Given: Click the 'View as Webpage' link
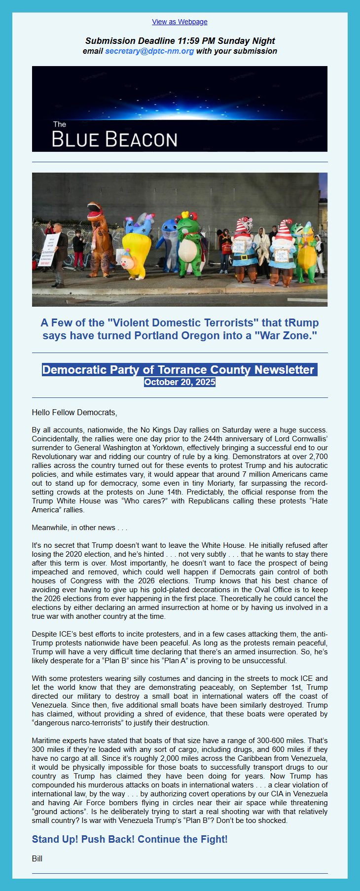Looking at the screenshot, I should [180, 22].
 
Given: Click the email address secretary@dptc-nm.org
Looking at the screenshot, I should [149, 51].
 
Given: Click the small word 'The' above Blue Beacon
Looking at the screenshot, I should [59, 124].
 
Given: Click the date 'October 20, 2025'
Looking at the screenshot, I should [180, 382].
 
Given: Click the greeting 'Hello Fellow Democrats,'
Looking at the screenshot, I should [74, 412].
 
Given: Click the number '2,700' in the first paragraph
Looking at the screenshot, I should [318, 457].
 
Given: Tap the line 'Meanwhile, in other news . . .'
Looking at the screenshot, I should [79, 528].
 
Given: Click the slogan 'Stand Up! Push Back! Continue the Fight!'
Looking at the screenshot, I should [130, 839].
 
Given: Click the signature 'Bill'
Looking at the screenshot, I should [37, 858].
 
